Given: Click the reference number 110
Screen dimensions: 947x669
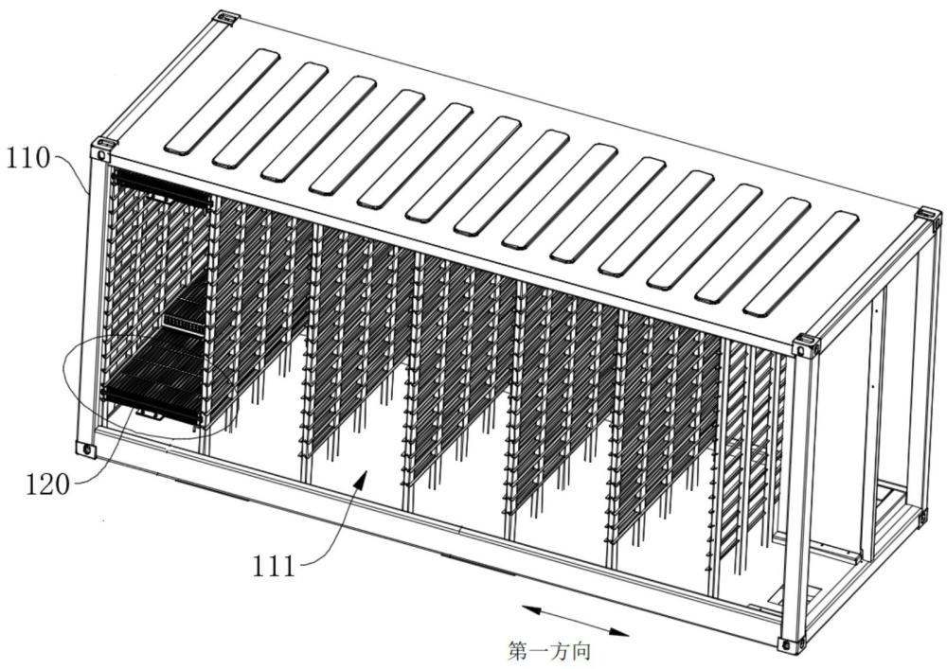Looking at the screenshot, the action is point(27,159).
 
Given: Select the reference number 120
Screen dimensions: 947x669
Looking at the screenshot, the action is point(47,484).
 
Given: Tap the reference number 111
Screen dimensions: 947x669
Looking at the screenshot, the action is point(274,567).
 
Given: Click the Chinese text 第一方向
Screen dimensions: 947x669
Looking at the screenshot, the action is point(549,652).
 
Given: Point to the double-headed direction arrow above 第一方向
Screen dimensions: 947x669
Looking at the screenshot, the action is point(576,621).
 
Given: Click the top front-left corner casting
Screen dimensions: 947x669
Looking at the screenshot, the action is point(102,149).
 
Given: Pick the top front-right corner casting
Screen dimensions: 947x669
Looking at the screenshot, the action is point(808,344).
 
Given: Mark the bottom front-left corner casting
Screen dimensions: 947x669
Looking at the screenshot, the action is point(85,449).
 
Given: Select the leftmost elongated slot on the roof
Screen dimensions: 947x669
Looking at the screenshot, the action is point(223,100).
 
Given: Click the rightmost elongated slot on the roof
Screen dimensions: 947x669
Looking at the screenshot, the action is point(800,263).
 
